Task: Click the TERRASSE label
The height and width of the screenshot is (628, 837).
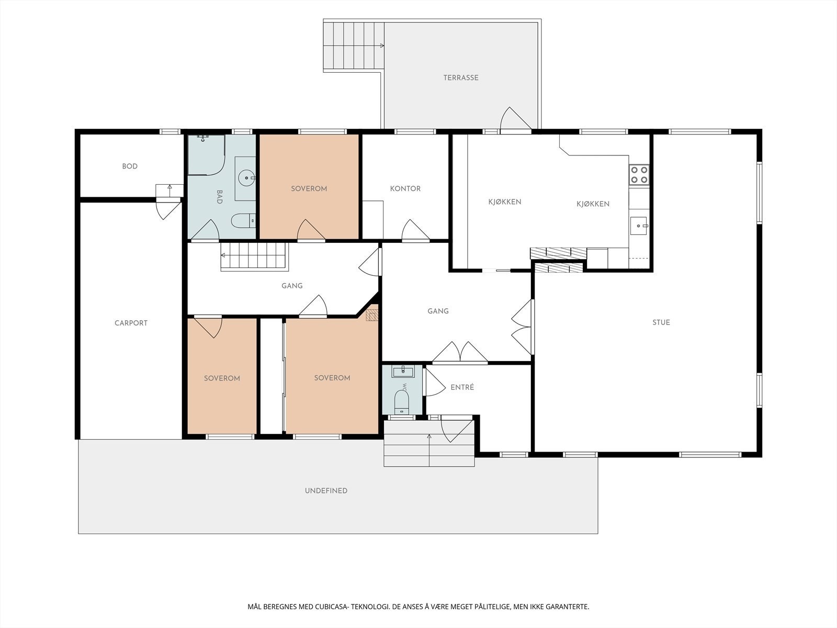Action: tap(461, 78)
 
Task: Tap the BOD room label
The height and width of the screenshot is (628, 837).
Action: tap(130, 166)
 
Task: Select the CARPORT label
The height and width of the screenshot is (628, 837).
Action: tap(131, 323)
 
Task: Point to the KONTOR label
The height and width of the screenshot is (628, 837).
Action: tap(405, 189)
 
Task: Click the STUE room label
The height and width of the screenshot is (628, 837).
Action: tap(661, 322)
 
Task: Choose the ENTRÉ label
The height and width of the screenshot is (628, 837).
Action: tap(462, 387)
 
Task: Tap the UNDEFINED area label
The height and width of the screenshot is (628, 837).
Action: tap(326, 491)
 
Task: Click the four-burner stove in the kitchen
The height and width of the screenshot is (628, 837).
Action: tap(639, 175)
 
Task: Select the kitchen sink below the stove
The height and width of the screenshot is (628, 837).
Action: tap(639, 226)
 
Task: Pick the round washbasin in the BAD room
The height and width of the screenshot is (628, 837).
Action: tap(247, 178)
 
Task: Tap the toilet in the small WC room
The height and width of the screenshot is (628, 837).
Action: tap(402, 401)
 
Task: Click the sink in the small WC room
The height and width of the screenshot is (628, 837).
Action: tap(403, 372)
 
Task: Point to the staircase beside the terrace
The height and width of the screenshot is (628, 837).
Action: tap(353, 46)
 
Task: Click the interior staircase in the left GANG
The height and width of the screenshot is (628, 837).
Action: tap(254, 256)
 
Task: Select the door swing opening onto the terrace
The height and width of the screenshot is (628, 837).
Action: tap(516, 119)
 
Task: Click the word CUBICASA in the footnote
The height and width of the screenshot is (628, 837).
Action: tap(331, 607)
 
